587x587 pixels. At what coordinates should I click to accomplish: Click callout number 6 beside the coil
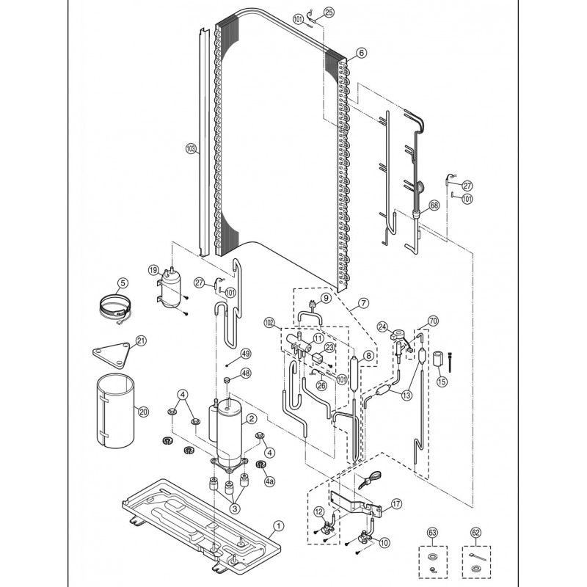(361, 53)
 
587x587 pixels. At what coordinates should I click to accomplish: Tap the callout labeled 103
(192, 150)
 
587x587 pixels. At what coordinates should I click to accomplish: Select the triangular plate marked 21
(112, 355)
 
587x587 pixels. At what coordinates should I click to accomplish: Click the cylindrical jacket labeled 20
(116, 410)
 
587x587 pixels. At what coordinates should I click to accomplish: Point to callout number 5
(123, 282)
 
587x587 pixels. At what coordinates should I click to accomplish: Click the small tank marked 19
(171, 288)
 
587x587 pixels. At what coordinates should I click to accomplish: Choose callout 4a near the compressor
(269, 481)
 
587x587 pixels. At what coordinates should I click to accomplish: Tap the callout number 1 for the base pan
(278, 526)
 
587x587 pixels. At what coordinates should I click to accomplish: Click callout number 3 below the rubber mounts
(235, 508)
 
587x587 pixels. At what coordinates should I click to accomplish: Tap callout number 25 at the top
(329, 12)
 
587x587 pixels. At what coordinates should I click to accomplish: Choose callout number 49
(246, 354)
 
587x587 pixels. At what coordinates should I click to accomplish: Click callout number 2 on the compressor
(251, 418)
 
